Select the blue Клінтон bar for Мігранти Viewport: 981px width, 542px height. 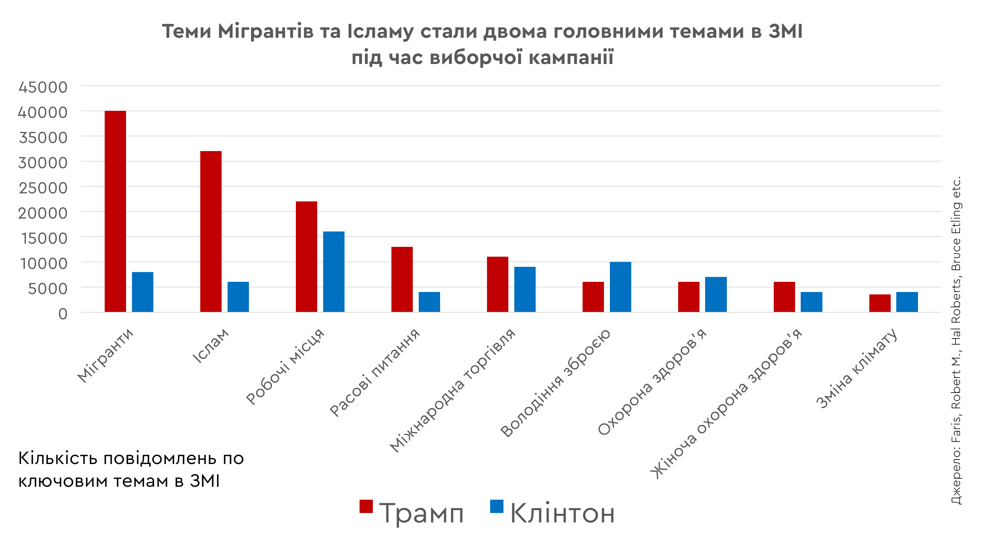142,292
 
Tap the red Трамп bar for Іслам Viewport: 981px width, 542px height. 211,231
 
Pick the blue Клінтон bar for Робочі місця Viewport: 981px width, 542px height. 334,272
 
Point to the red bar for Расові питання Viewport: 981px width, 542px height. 402,279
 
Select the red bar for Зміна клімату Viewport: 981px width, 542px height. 880,303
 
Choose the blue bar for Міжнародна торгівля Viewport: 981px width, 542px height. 525,290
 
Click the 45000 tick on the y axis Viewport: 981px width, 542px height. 43,87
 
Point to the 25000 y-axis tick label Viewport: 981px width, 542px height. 43,188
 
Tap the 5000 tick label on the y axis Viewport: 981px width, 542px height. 48,289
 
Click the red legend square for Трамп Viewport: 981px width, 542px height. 366,506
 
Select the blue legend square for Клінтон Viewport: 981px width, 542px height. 496,506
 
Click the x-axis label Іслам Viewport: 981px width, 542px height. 211,346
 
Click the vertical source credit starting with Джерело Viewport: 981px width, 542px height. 956,341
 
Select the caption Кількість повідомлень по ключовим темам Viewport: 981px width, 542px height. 131,470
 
